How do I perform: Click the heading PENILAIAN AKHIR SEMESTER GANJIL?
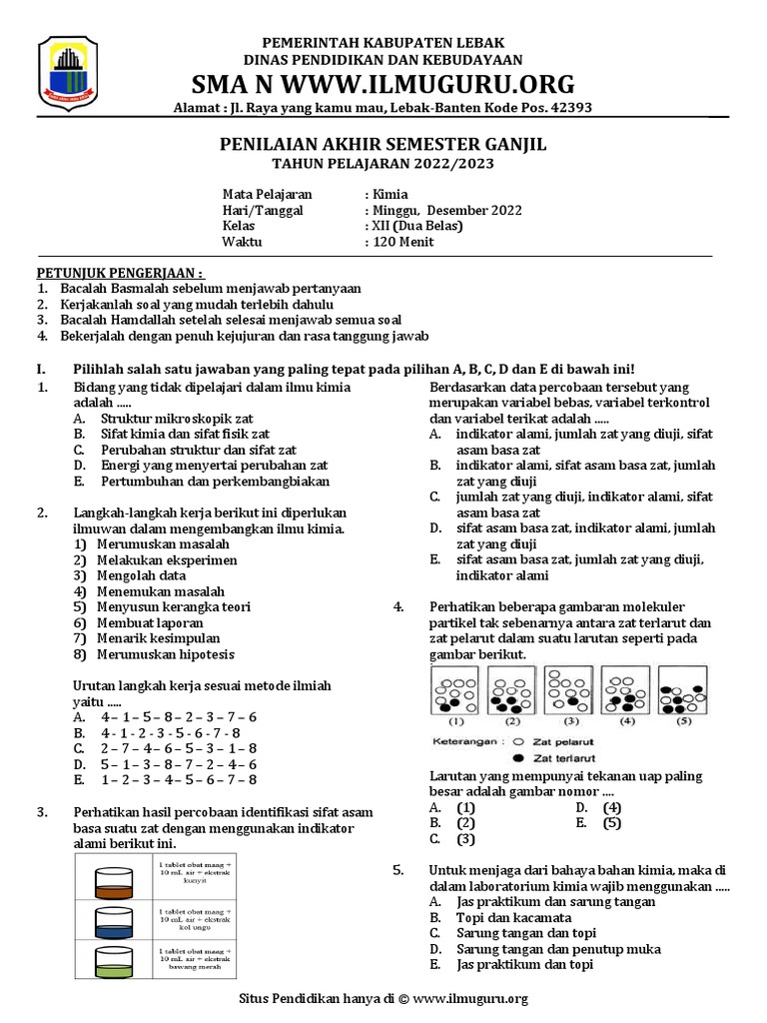pos(383,146)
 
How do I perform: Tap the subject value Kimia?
pos(390,195)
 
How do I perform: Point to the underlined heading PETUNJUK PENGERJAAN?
pos(120,273)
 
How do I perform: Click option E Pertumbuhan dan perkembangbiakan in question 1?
pos(201,481)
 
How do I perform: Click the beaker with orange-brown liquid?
pos(112,882)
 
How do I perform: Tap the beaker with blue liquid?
pos(112,921)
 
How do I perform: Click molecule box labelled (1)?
pos(454,691)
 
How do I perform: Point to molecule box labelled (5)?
pos(683,691)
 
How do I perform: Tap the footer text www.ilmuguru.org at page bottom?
pos(469,998)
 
